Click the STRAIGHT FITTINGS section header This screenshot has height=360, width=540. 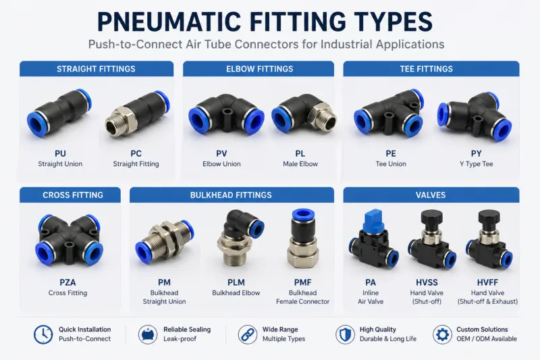(96, 69)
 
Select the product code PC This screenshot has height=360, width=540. (136, 153)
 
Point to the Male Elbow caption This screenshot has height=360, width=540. (300, 164)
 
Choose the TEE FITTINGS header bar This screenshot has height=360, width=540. (431, 69)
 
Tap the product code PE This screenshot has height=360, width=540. (391, 153)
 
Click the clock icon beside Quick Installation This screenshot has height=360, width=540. (43, 334)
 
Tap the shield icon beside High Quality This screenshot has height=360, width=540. (345, 334)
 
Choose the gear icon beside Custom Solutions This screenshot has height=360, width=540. (443, 334)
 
